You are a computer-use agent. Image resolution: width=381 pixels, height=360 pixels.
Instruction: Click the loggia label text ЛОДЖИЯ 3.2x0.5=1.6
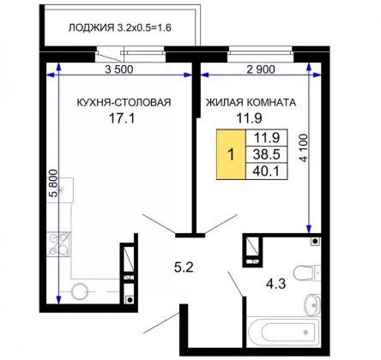pyautogui.click(x=120, y=27)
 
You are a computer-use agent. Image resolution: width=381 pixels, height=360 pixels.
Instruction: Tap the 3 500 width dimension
pyautogui.click(x=119, y=69)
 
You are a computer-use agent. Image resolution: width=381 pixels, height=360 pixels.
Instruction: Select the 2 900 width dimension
pyautogui.click(x=261, y=69)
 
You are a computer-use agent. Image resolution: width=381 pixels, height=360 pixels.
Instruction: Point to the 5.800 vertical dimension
pyautogui.click(x=53, y=183)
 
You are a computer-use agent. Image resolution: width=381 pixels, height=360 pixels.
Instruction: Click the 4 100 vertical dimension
pyautogui.click(x=304, y=148)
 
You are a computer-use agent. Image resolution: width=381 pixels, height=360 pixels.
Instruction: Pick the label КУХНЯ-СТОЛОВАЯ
pyautogui.click(x=124, y=102)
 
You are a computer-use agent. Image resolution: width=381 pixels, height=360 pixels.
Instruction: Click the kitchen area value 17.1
pyautogui.click(x=122, y=118)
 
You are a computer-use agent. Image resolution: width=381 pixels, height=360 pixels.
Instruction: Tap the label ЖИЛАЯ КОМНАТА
pyautogui.click(x=251, y=102)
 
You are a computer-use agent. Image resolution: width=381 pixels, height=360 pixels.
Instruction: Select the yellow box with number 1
pyautogui.click(x=231, y=154)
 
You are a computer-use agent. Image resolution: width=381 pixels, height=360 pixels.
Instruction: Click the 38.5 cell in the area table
pyautogui.click(x=267, y=154)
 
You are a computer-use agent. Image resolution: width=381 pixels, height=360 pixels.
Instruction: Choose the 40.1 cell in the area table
pyautogui.click(x=267, y=171)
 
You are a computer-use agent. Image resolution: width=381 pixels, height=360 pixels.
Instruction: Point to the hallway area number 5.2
pyautogui.click(x=184, y=267)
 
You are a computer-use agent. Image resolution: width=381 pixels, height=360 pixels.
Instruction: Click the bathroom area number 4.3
pyautogui.click(x=276, y=284)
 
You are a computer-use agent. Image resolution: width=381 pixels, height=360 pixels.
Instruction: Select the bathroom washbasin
pyautogui.click(x=312, y=305)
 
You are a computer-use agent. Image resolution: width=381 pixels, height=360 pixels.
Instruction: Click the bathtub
pyautogui.click(x=284, y=333)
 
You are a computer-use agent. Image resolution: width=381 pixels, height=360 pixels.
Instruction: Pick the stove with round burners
pyautogui.click(x=59, y=243)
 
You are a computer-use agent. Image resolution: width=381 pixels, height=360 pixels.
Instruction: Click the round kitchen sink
pyautogui.click(x=80, y=291)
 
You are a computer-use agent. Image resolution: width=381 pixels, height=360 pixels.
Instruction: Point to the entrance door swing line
pyautogui.click(x=161, y=323)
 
